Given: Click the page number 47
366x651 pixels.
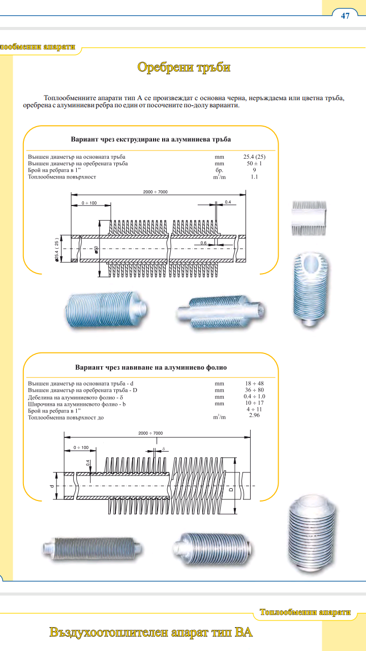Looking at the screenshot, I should (345, 16).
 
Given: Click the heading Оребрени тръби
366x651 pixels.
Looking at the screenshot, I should (184, 67).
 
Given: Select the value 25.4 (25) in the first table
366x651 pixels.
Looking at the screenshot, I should (254, 157).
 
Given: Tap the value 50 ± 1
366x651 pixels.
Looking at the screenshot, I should (254, 164).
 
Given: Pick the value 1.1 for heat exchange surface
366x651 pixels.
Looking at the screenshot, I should (254, 177).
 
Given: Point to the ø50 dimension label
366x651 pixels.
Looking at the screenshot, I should (96, 249).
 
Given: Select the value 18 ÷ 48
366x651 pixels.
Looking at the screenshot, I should (254, 383).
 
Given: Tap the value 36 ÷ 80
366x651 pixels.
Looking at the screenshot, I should (254, 390).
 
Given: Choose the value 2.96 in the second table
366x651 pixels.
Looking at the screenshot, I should (254, 416).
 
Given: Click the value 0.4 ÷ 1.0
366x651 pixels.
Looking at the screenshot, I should (254, 396).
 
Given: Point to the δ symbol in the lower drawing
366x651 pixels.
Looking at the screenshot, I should (164, 448).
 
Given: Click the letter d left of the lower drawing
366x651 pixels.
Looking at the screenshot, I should (52, 486).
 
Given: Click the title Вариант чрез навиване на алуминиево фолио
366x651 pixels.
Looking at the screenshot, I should (151, 367).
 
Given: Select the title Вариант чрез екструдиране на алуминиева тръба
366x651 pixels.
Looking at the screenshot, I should (150, 139).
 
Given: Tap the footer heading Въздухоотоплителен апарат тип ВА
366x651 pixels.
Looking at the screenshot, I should (151, 633).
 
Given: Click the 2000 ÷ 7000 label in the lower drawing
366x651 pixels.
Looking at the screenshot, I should (150, 433).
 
